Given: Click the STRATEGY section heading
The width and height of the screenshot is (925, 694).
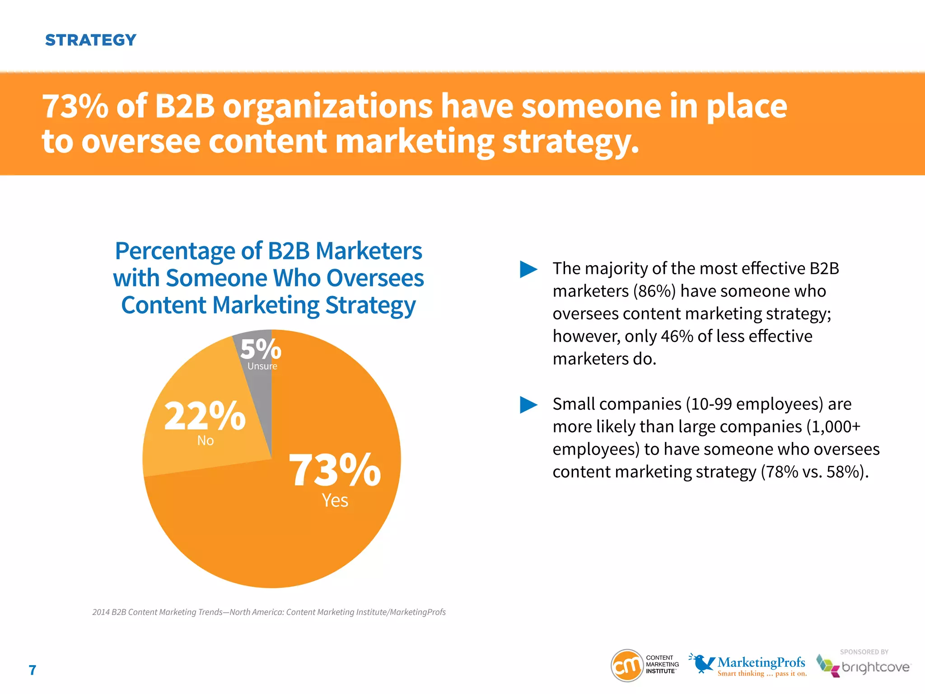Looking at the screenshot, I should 90,40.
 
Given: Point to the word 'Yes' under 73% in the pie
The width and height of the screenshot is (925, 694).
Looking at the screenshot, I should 335,501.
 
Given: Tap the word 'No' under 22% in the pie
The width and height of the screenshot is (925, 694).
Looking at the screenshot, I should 206,441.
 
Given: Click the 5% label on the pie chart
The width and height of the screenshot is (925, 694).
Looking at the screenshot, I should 261,349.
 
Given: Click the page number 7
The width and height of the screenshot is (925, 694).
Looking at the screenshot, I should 33,670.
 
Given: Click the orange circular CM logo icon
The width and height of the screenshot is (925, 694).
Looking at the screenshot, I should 627,666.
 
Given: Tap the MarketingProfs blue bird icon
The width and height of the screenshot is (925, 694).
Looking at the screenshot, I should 702,663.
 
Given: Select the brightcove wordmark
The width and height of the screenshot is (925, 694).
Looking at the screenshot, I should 875,667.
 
